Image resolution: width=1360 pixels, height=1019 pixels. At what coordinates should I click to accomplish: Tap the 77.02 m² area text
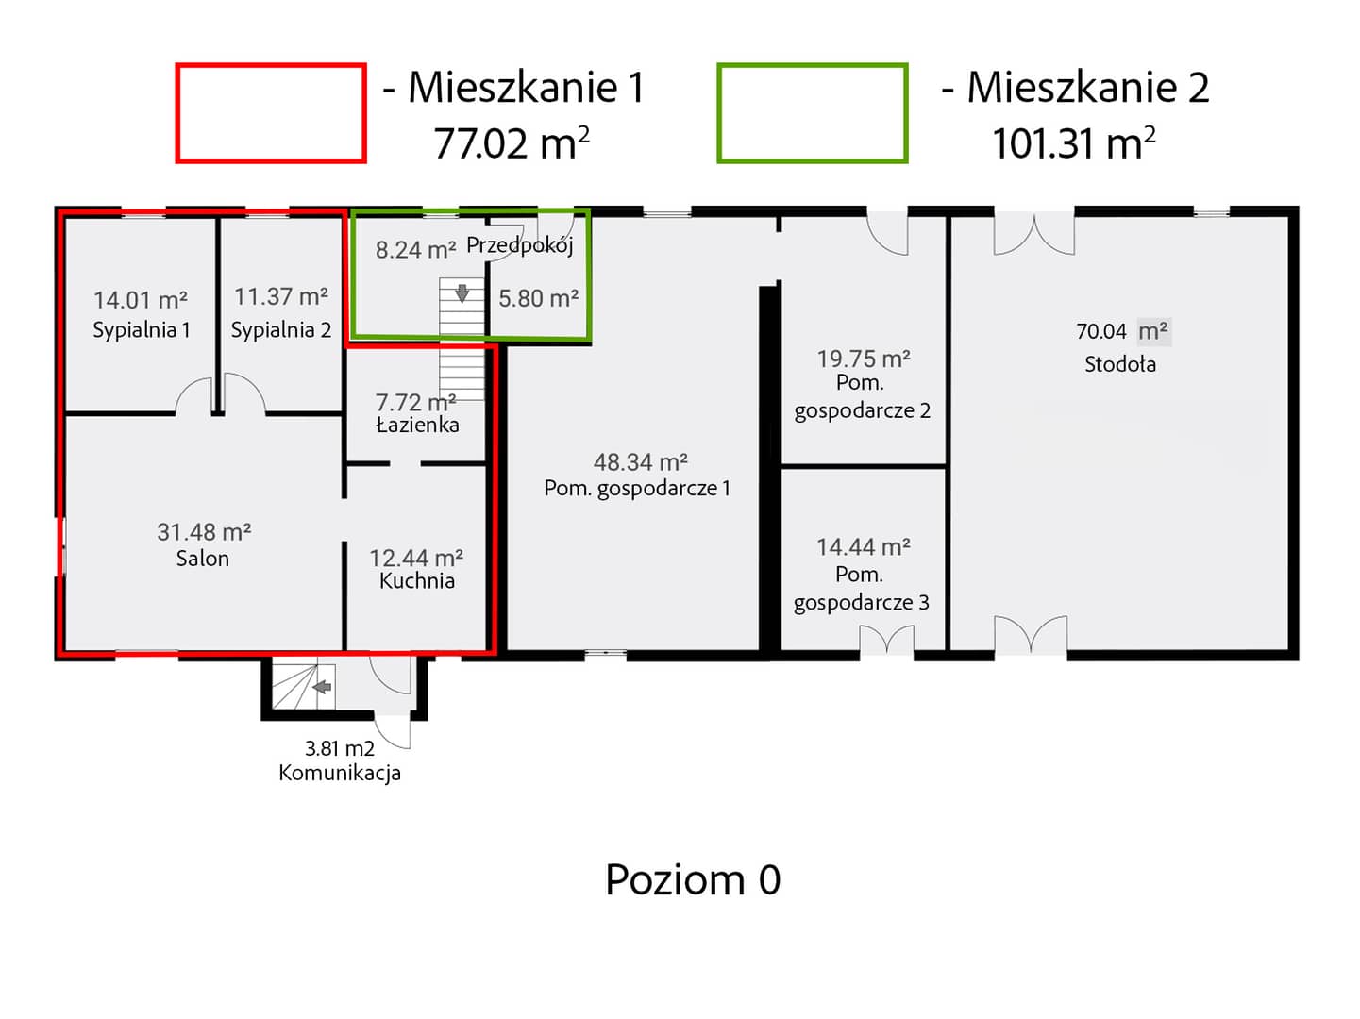click(x=511, y=143)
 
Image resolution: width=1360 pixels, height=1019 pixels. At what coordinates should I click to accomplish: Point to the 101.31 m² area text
click(x=1074, y=143)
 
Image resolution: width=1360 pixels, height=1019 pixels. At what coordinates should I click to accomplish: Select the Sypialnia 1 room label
click(x=142, y=329)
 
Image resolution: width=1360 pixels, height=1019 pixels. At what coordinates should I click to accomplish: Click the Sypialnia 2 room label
click(x=280, y=329)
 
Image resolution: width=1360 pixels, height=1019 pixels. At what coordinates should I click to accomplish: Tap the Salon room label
click(x=203, y=559)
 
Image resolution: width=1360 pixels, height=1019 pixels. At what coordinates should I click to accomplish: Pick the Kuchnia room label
click(x=417, y=580)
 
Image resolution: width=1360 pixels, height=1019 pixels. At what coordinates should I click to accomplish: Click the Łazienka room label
click(x=417, y=425)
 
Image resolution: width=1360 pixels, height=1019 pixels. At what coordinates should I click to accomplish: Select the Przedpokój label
click(x=519, y=245)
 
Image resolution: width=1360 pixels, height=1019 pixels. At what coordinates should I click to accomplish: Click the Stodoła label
click(x=1119, y=363)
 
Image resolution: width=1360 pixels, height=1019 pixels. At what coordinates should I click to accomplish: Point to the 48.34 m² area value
click(x=640, y=461)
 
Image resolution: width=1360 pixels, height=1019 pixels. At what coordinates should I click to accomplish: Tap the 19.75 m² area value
click(x=863, y=358)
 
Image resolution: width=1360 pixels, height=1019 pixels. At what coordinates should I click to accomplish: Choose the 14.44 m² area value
click(x=863, y=546)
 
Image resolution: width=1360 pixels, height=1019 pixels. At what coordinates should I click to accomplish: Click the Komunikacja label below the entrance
click(x=340, y=773)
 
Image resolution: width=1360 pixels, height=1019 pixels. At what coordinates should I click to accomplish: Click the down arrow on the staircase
click(x=462, y=293)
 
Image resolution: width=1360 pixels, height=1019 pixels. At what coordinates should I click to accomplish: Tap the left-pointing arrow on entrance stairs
click(x=322, y=687)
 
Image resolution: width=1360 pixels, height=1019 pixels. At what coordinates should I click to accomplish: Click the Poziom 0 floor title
click(x=692, y=879)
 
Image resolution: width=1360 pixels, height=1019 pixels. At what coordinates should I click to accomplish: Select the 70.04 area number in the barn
click(x=1101, y=331)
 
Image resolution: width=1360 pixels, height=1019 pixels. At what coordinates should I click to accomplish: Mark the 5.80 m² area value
click(x=538, y=298)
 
